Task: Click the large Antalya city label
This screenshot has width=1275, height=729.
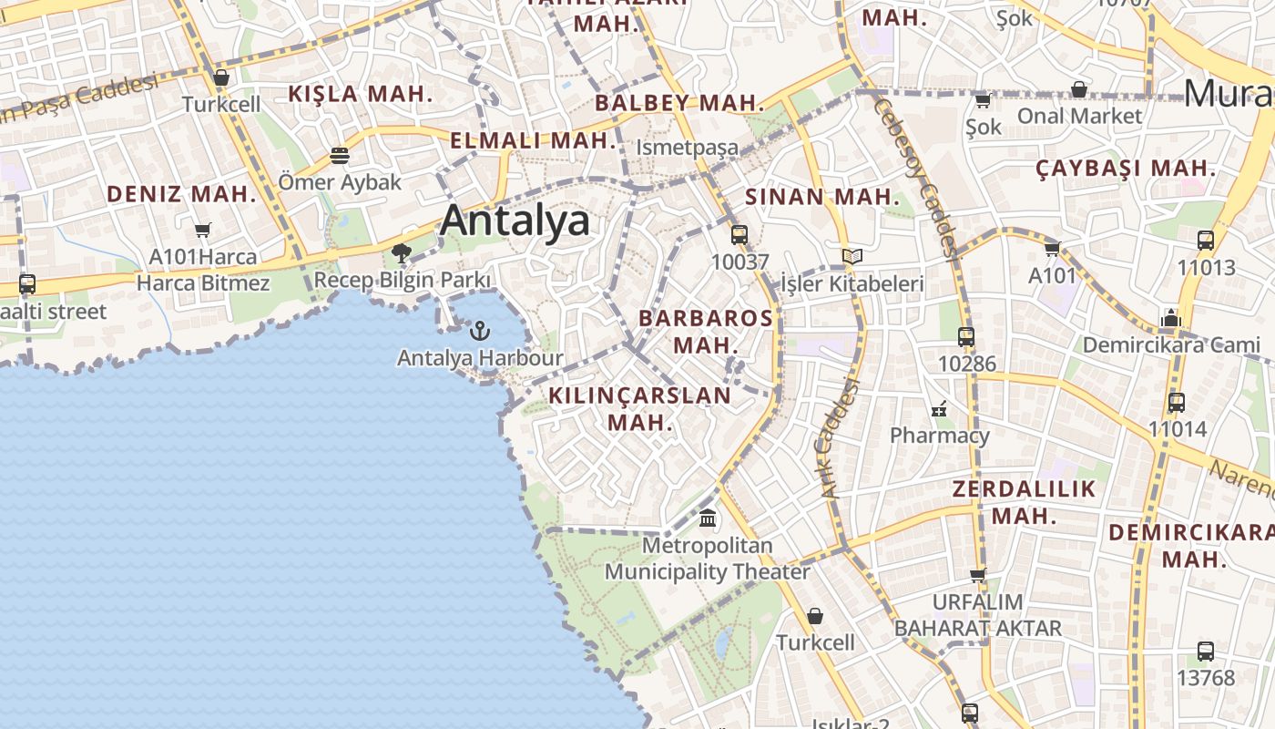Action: coord(515,221)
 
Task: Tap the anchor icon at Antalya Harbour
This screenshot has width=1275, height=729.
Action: coord(480,330)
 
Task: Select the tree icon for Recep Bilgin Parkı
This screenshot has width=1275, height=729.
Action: coord(401,253)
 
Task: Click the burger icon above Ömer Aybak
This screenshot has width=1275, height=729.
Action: coord(340,156)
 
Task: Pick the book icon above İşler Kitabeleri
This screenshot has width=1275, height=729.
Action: coord(852,257)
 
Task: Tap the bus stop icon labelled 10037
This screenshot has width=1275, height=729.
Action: coord(739,235)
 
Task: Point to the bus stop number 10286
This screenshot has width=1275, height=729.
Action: coord(966,364)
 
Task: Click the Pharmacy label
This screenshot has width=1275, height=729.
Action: coord(939,435)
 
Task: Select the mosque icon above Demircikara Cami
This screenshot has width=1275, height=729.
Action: coord(1170,318)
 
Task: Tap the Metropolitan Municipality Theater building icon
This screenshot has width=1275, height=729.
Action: coord(707,519)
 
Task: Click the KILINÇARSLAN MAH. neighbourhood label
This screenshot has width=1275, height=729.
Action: coord(639,408)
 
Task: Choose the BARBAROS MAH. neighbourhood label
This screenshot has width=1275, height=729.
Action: coord(706,332)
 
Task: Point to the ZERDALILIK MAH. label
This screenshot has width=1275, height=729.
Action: coord(1024,502)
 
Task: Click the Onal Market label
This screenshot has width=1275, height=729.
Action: coord(1078,116)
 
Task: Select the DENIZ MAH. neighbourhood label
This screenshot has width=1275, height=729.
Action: coord(182,193)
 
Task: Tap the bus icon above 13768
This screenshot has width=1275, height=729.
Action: coord(1205,652)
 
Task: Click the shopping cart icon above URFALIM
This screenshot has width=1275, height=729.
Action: coord(977,575)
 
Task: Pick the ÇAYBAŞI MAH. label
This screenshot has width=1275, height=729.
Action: coord(1127,168)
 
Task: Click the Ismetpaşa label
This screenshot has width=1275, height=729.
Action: coord(687,147)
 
